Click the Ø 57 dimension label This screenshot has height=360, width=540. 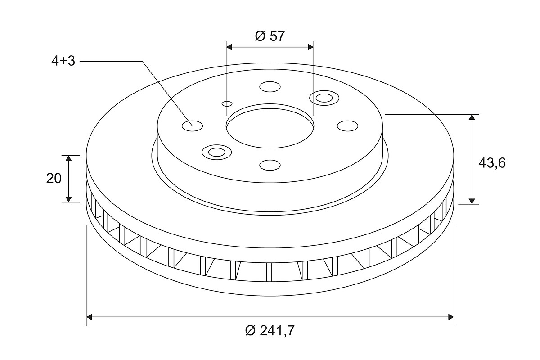(x=270, y=36)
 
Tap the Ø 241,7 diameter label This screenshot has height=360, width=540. (x=270, y=330)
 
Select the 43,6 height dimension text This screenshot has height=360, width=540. (x=492, y=163)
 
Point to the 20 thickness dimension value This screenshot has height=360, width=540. (x=54, y=179)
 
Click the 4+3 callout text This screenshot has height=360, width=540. (x=63, y=61)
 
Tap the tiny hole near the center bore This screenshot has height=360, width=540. (x=227, y=103)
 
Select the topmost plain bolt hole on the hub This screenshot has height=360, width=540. (x=270, y=87)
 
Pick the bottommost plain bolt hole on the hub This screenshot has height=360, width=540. (x=270, y=165)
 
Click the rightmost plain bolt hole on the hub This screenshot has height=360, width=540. (x=347, y=126)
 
